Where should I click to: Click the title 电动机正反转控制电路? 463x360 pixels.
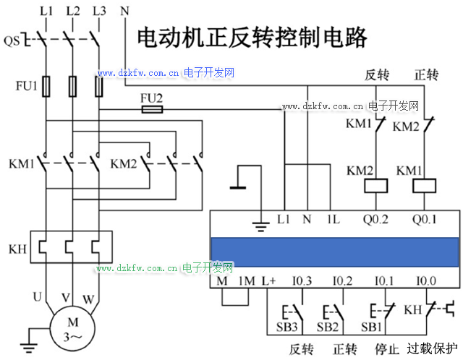(252, 37)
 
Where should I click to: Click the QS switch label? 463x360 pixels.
(12, 41)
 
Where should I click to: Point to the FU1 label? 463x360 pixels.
(26, 86)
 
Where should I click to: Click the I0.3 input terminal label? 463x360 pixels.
(302, 280)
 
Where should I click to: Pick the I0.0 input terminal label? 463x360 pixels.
(425, 280)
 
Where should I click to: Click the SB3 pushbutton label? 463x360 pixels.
(287, 327)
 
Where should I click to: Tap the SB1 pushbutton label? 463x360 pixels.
(370, 327)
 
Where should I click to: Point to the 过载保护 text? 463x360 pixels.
(433, 348)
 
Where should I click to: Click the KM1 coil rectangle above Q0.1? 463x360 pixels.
(423, 187)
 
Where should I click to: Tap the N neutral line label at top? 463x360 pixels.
(124, 12)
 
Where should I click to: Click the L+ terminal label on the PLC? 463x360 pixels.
(269, 280)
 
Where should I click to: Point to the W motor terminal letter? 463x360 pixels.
(89, 297)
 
